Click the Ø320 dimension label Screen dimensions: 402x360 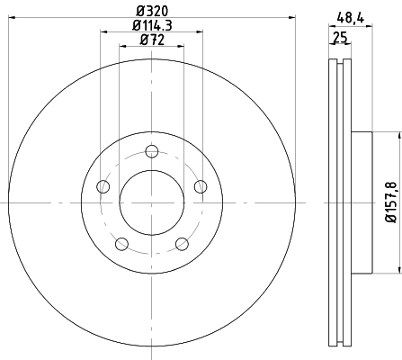[x=152, y=12]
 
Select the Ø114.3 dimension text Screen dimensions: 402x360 [x=152, y=25]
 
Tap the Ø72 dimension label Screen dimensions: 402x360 [x=152, y=40]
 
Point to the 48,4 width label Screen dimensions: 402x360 [x=351, y=19]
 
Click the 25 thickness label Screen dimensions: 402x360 [x=340, y=38]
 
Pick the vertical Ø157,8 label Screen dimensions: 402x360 [x=392, y=202]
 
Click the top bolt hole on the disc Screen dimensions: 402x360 [x=152, y=151]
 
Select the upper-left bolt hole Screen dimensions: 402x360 [x=103, y=186]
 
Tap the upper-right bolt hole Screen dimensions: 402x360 [x=201, y=186]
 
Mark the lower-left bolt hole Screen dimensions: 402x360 [x=121, y=244]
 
